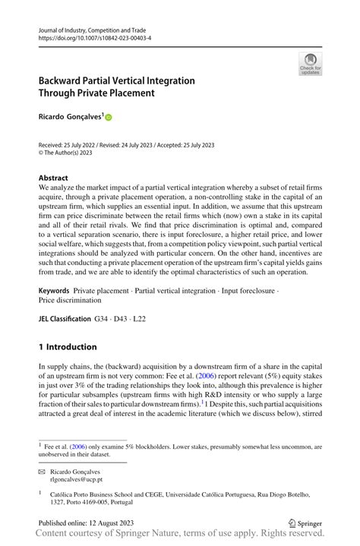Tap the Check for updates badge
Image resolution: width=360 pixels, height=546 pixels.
pos(310,64)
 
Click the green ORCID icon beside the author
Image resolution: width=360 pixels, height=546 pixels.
pos(108,118)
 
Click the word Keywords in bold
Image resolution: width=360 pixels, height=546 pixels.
pos(55,291)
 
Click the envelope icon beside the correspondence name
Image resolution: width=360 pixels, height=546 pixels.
pos(42,469)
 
